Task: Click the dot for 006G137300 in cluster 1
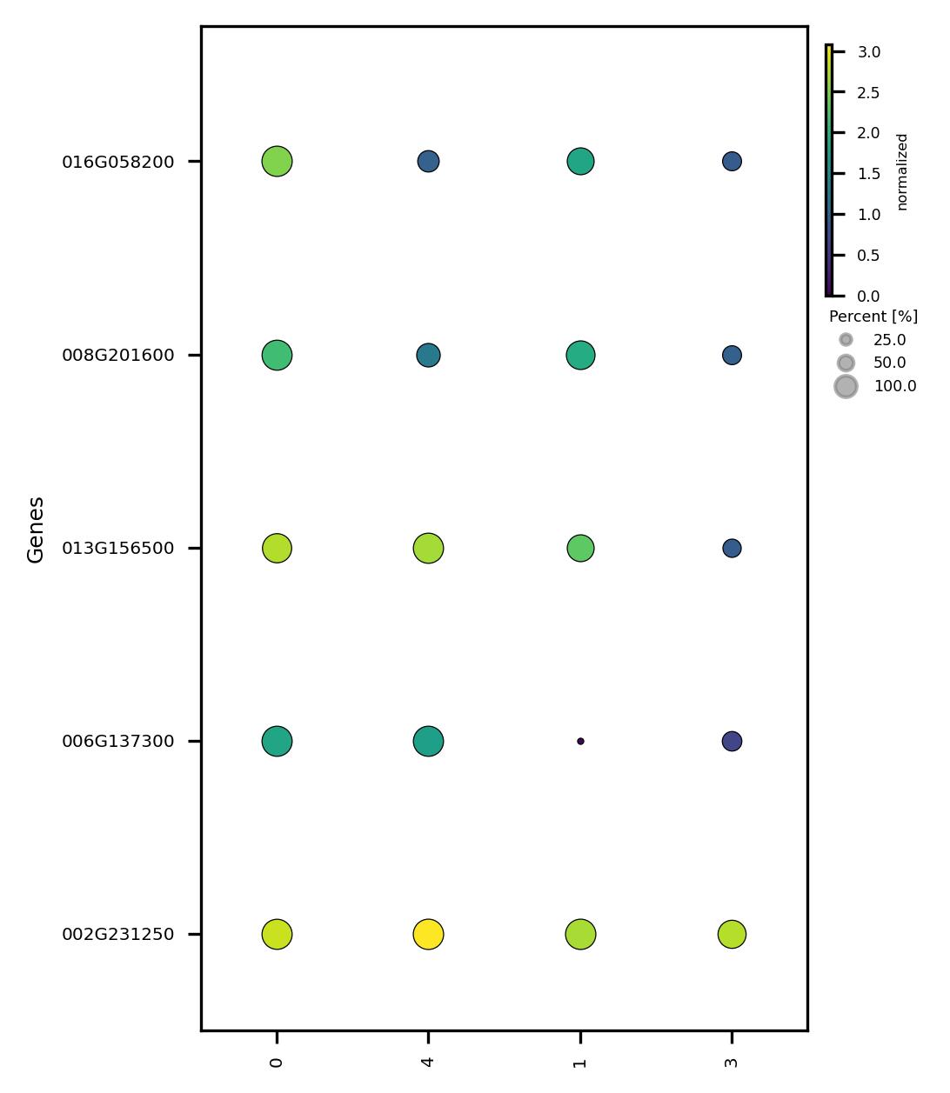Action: click(580, 741)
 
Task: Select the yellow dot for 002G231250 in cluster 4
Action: click(428, 934)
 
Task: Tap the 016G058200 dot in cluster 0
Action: click(277, 161)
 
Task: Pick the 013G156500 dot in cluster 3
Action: click(732, 548)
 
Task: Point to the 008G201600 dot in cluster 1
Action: click(580, 355)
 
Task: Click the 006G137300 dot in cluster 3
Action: click(732, 741)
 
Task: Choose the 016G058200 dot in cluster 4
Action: click(428, 161)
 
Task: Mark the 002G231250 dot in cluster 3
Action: click(732, 934)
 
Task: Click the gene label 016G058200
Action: click(117, 162)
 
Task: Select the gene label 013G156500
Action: click(117, 549)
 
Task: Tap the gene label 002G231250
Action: click(117, 935)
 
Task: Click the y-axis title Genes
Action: click(36, 530)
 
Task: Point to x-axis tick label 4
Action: click(428, 1062)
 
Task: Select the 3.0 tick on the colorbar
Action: click(868, 52)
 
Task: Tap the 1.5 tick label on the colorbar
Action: click(868, 174)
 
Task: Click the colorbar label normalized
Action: click(902, 171)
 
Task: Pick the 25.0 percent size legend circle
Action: click(846, 339)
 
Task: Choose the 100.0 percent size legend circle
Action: click(846, 386)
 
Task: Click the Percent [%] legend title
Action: click(873, 317)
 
